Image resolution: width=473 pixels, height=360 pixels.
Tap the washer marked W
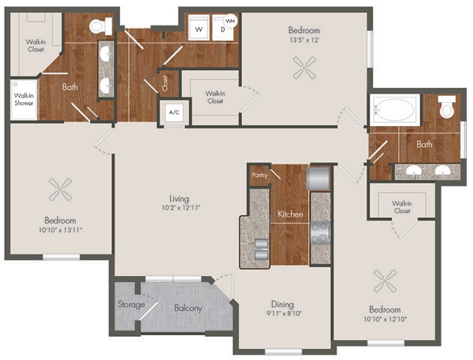pyautogui.click(x=199, y=28)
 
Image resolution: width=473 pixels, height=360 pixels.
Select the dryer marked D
pyautogui.click(x=222, y=29)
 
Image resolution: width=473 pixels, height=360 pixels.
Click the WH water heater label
pyautogui.click(x=231, y=20)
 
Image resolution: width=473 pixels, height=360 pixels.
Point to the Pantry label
pyautogui.click(x=259, y=174)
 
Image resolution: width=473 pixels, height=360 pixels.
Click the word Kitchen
pyautogui.click(x=290, y=214)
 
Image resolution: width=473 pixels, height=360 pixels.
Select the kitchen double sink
pyautogui.click(x=259, y=247)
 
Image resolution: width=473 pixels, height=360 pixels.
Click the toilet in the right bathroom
pyautogui.click(x=448, y=109)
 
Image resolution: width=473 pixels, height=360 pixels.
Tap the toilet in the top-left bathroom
pyautogui.click(x=97, y=27)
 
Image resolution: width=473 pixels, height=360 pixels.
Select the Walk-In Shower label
pyautogui.click(x=23, y=99)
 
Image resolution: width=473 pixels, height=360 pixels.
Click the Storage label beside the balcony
pyautogui.click(x=130, y=304)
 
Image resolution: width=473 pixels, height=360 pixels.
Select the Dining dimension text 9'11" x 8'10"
pyautogui.click(x=283, y=315)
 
